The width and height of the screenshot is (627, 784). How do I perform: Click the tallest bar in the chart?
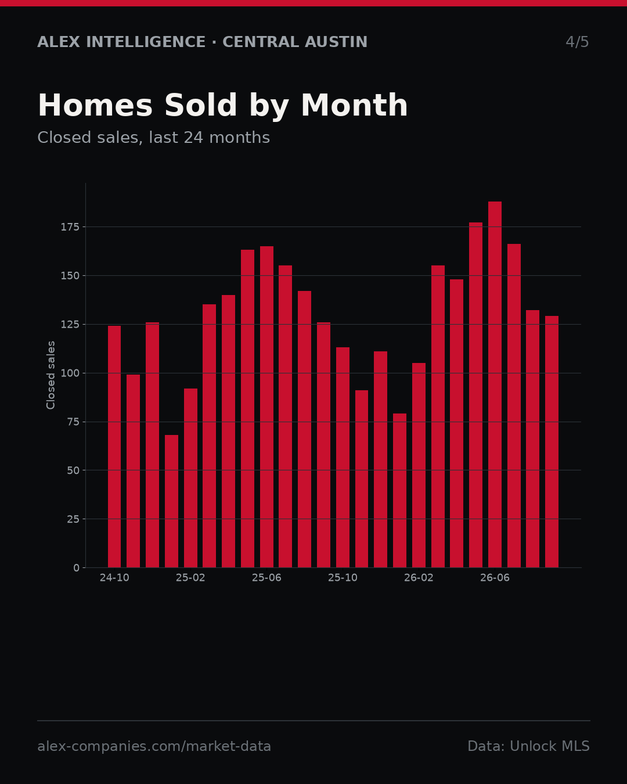tap(495, 384)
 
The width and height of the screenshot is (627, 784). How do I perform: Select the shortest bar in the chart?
tap(171, 501)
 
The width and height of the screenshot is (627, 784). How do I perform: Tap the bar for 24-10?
tap(114, 447)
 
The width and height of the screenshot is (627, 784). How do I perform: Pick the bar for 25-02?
tap(190, 478)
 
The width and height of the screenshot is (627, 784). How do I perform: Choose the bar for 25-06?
tap(266, 407)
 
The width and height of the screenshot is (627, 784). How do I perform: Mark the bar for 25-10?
tap(343, 457)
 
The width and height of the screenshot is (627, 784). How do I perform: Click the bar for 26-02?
tap(419, 465)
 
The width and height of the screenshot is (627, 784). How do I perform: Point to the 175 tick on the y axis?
tap(70, 227)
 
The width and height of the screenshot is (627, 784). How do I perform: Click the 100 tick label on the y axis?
tap(70, 373)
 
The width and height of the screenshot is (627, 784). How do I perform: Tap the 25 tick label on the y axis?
tap(73, 519)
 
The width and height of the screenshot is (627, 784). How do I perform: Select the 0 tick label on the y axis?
tap(76, 568)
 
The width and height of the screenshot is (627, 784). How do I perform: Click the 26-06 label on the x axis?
tap(495, 578)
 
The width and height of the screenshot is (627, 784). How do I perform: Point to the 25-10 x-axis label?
tap(343, 578)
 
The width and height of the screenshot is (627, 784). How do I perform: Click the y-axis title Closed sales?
tap(51, 375)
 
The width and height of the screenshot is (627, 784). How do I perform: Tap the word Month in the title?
tap(354, 105)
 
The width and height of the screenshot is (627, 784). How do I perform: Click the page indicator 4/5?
tap(577, 42)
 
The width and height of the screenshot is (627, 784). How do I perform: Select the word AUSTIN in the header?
tap(336, 42)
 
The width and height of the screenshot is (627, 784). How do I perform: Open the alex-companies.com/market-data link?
tap(154, 746)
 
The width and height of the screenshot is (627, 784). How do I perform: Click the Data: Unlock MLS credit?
tap(528, 746)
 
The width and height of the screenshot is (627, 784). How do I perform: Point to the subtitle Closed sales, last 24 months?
tap(153, 138)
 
